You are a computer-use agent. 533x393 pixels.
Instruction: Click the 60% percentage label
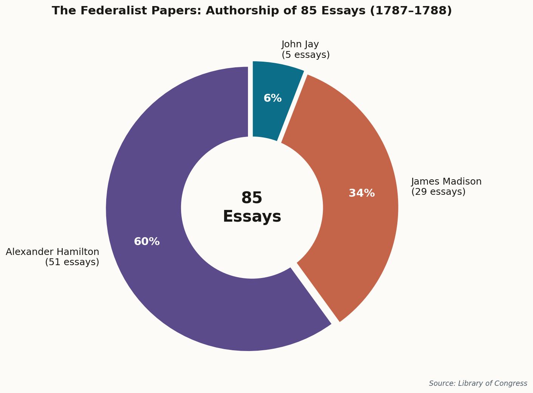147,242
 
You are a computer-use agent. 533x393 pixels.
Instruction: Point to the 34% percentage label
361,193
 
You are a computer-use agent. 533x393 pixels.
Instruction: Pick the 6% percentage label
273,98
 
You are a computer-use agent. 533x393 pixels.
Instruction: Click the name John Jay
300,45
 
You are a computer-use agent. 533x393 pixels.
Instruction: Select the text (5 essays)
305,55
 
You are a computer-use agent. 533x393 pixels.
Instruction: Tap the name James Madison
446,182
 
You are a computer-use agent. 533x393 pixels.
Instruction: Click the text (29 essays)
438,192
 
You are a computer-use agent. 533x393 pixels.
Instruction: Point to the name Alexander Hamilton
53,252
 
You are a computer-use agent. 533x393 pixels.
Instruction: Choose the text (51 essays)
72,262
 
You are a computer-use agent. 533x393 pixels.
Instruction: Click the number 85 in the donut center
252,198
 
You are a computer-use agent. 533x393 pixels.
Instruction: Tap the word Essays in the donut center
252,217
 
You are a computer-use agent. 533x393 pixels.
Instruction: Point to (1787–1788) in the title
411,11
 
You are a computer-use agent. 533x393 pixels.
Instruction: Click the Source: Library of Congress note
478,383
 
